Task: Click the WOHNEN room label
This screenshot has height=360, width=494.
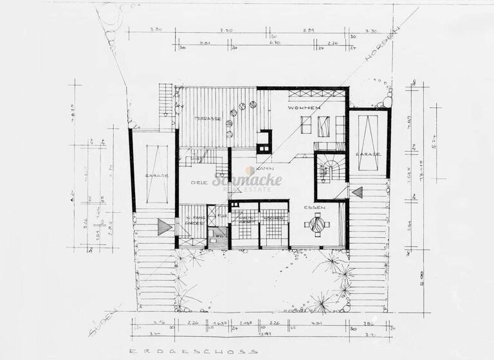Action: click(x=304, y=108)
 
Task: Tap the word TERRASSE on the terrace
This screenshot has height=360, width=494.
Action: click(x=208, y=119)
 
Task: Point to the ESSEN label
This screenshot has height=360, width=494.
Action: click(x=316, y=208)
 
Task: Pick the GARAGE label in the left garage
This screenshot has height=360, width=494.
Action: click(x=153, y=175)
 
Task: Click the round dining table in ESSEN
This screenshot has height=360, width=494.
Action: click(x=316, y=224)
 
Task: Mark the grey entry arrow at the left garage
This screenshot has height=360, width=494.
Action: click(x=163, y=226)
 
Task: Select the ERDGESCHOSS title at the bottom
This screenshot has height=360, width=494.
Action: click(x=192, y=352)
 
